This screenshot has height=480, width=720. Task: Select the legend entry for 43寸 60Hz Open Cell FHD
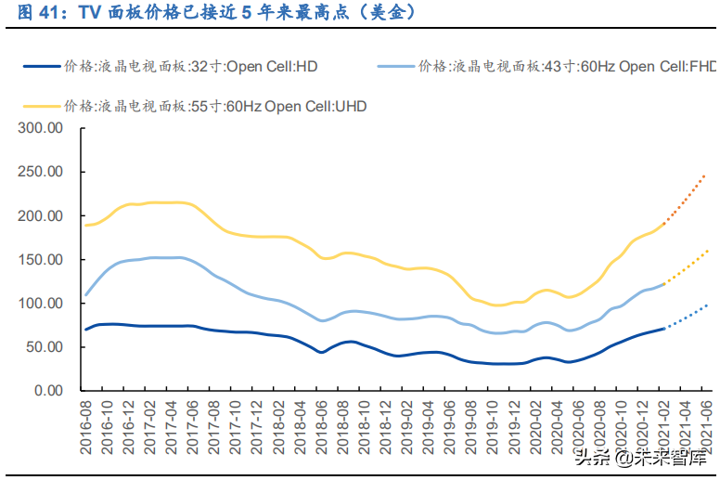(x=547, y=66)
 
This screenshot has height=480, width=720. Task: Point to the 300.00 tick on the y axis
(x=42, y=128)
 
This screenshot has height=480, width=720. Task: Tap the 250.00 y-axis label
(x=42, y=172)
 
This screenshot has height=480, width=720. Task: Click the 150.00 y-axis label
(x=42, y=260)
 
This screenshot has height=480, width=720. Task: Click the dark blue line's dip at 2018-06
(x=321, y=352)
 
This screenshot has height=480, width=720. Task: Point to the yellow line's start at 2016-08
(x=86, y=225)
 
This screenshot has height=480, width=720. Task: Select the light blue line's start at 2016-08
(x=86, y=294)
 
